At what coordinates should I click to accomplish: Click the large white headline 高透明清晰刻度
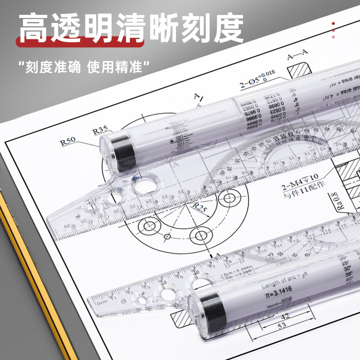(130, 28)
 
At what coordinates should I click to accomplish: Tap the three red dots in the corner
(333, 30)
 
